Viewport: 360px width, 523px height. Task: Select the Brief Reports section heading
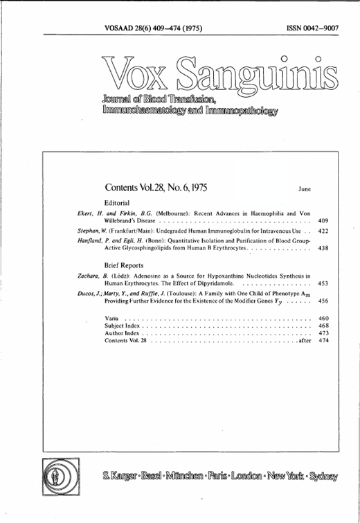pyautogui.click(x=125, y=265)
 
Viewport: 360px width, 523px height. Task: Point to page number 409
pyautogui.click(x=323, y=221)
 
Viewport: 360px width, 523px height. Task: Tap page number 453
pyautogui.click(x=323, y=284)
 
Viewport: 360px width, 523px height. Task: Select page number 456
pyautogui.click(x=323, y=302)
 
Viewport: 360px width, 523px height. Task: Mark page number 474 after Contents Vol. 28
pyautogui.click(x=323, y=341)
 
